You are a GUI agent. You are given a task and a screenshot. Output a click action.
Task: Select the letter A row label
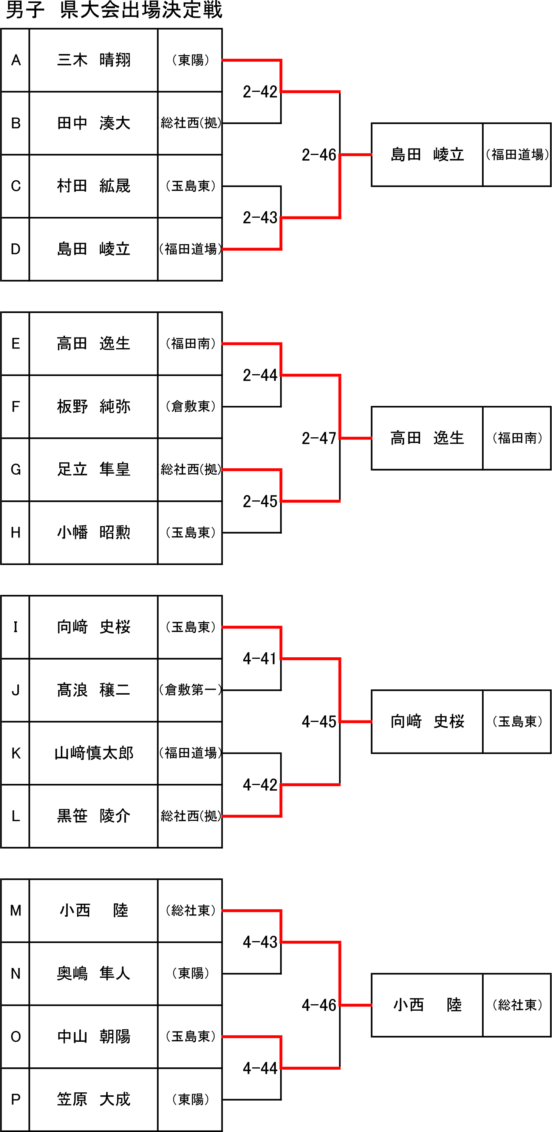(16, 60)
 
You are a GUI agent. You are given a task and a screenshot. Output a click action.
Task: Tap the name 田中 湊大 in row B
(94, 123)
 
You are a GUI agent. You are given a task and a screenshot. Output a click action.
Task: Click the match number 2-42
(260, 91)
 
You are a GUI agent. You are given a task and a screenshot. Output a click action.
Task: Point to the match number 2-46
(319, 155)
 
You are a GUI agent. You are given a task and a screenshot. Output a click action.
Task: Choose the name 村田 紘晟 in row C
(94, 186)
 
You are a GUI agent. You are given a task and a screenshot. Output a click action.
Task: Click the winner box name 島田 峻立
(427, 155)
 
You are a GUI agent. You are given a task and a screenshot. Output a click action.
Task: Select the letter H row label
(16, 533)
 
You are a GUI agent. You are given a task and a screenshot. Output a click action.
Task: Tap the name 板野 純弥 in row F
(94, 406)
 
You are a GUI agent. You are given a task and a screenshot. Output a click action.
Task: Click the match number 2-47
(319, 438)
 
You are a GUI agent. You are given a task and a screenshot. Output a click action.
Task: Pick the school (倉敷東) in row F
(190, 406)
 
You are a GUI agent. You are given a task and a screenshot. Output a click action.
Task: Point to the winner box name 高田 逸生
(427, 438)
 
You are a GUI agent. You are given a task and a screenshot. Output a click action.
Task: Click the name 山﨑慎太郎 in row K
(94, 753)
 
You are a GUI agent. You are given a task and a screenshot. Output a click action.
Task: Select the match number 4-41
(260, 658)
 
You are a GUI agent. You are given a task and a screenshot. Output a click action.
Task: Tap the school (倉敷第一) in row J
(190, 691)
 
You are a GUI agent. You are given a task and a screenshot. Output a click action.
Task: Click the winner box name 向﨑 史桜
(427, 722)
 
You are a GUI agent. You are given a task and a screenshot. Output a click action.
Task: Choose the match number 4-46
(319, 1005)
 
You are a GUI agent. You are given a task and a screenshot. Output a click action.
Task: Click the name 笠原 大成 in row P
(94, 1099)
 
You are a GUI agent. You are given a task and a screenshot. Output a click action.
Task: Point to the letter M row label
(16, 911)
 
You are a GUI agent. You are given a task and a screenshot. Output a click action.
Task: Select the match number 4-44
(260, 1068)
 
